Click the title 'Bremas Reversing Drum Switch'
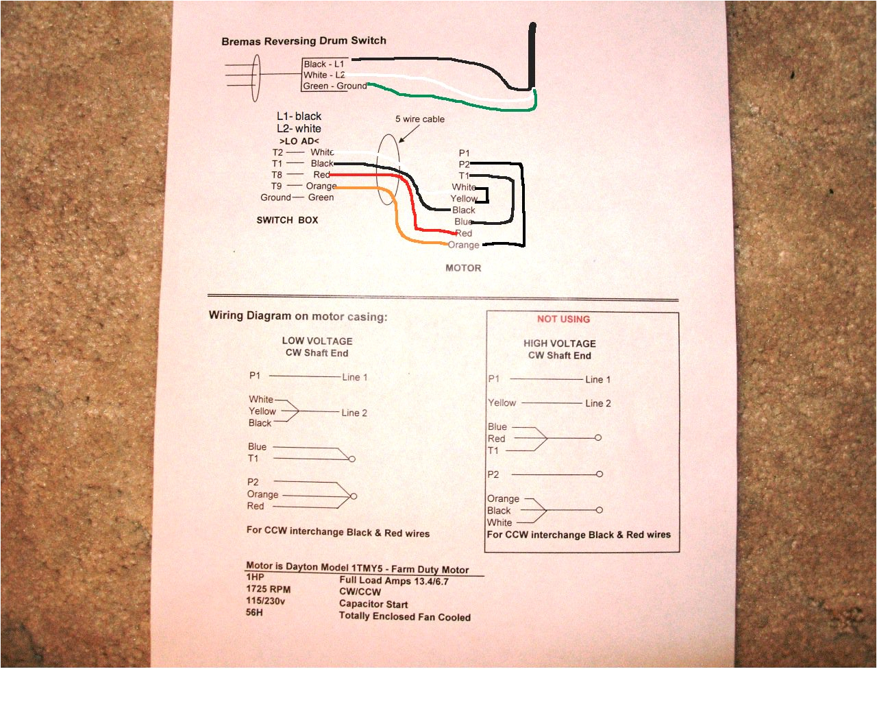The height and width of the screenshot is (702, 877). [304, 41]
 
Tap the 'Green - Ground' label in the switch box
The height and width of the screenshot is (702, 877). [334, 86]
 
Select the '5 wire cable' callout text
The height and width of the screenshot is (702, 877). [419, 119]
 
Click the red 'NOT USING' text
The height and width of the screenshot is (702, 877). [563, 319]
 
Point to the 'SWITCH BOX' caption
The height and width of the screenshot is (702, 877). [287, 220]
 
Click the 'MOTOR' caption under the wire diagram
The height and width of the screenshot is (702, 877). [463, 268]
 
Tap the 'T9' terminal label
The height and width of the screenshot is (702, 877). [276, 186]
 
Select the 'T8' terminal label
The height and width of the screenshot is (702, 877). [276, 175]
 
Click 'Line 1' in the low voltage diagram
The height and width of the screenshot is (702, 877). [354, 377]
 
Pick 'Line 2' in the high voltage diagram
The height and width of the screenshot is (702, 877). [597, 404]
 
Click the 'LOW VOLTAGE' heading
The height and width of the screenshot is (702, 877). [317, 341]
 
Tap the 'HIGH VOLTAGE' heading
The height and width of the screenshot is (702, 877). [559, 343]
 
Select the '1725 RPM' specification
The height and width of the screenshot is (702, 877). [268, 589]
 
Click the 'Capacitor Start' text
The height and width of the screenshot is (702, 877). [373, 604]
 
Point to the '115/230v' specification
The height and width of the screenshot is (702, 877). [265, 601]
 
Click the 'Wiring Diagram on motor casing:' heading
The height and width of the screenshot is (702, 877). [297, 316]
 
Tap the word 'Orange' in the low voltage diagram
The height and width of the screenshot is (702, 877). [262, 494]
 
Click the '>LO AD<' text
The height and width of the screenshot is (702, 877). [299, 141]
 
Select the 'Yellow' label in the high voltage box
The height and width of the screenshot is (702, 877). [502, 403]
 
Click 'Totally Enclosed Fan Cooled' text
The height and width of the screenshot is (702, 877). [404, 616]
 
